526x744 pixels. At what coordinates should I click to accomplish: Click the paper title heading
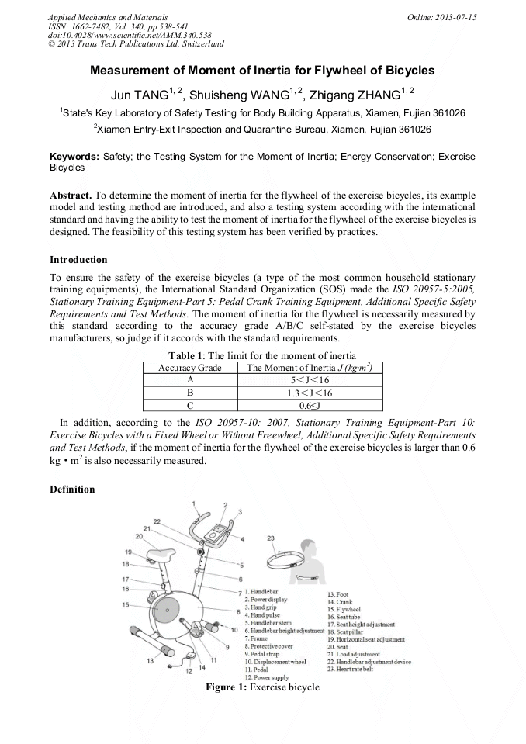pyautogui.click(x=262, y=71)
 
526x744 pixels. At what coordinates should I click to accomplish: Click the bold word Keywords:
pyautogui.click(x=74, y=157)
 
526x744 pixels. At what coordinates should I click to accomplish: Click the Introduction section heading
pyautogui.click(x=78, y=259)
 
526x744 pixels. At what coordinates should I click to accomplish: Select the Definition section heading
pyautogui.click(x=72, y=490)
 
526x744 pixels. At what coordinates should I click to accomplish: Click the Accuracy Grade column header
pyautogui.click(x=190, y=368)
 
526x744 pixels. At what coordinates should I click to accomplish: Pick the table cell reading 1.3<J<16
pyautogui.click(x=310, y=393)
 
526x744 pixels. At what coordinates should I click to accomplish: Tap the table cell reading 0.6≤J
pyautogui.click(x=310, y=406)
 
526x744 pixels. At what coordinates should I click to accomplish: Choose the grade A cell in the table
pyautogui.click(x=190, y=380)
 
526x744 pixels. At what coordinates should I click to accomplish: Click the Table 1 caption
pyautogui.click(x=262, y=356)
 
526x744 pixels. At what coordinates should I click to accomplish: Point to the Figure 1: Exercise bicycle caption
pyautogui.click(x=262, y=687)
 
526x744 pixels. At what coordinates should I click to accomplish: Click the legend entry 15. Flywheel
pyautogui.click(x=344, y=610)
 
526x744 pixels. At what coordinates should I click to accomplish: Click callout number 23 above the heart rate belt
pyautogui.click(x=271, y=538)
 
